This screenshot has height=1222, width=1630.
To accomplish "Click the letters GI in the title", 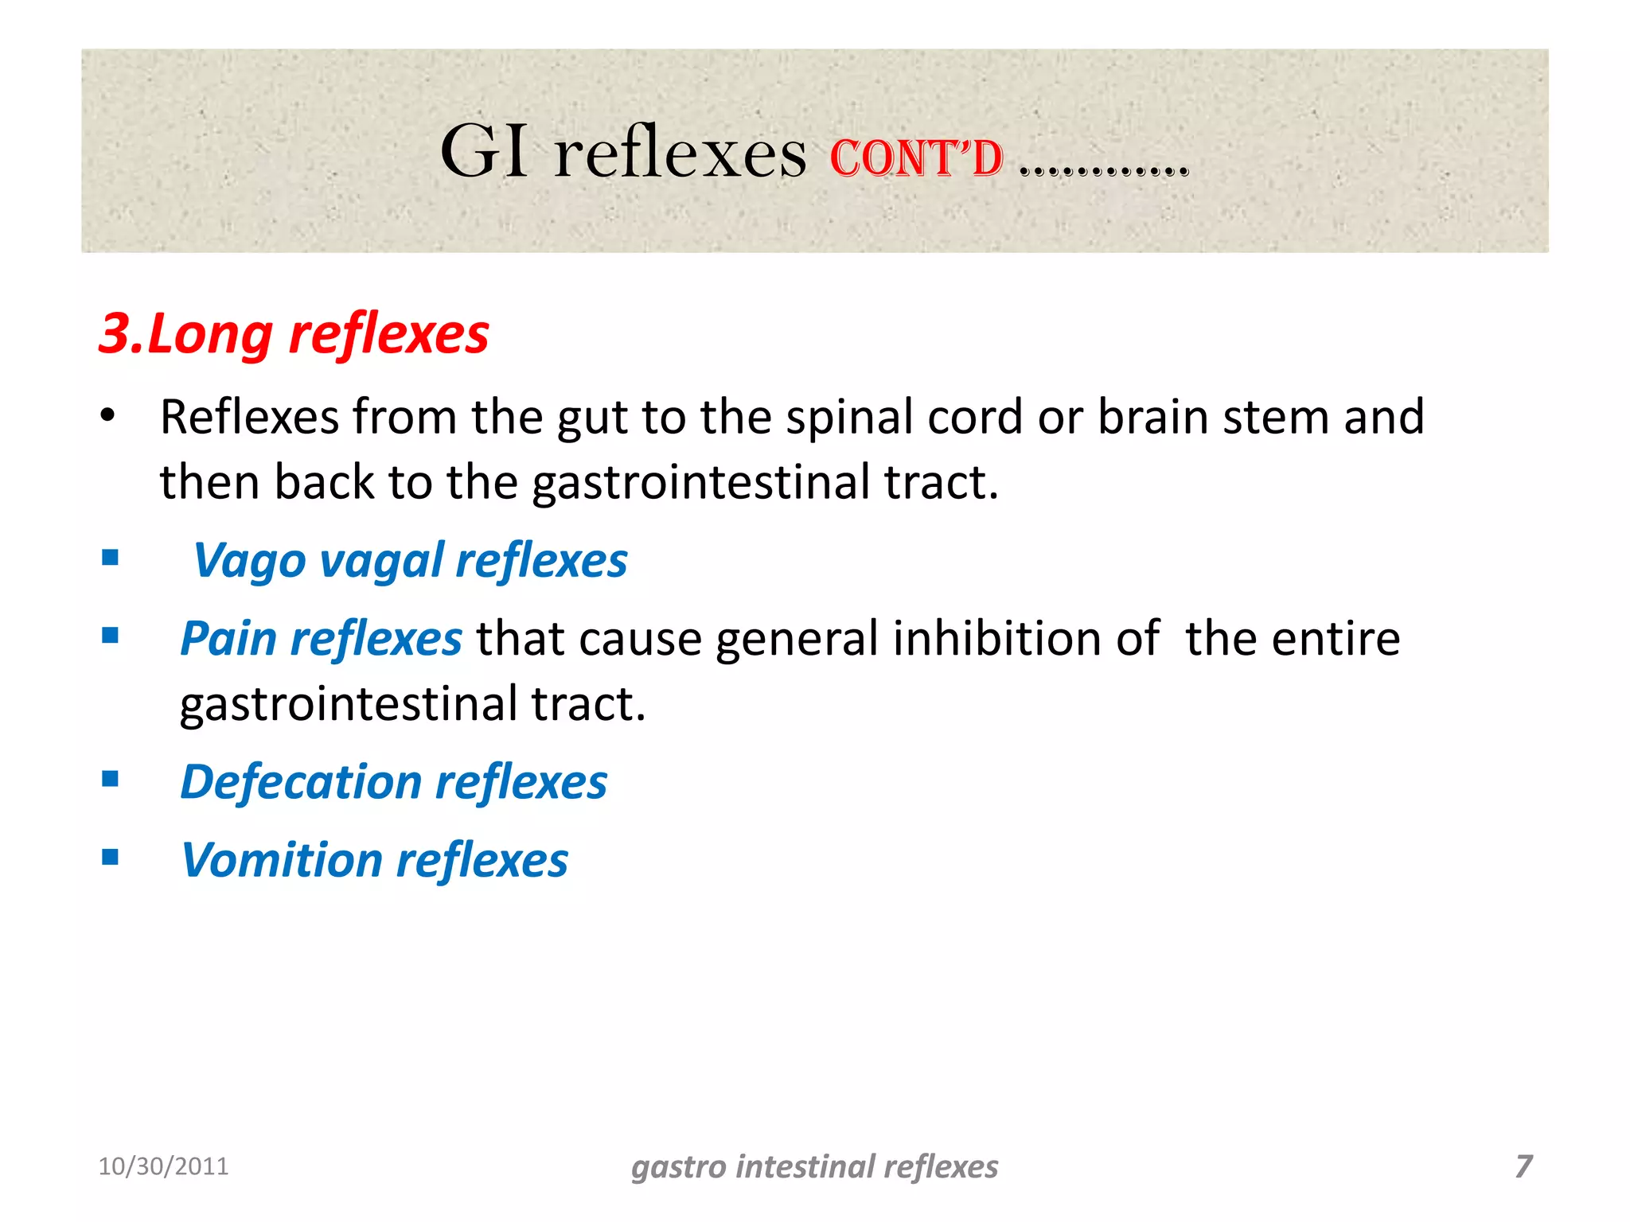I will (484, 152).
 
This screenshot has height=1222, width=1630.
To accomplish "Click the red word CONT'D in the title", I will (916, 158).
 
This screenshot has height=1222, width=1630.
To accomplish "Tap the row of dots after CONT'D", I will (1104, 169).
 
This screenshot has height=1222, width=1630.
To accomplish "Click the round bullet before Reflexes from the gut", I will (108, 415).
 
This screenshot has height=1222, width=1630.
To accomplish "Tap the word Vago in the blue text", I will (249, 562).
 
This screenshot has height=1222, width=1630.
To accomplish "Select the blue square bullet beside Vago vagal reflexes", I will (111, 558).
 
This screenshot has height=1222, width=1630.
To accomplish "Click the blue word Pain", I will (228, 639).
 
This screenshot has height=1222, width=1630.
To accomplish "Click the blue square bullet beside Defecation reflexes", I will (111, 779).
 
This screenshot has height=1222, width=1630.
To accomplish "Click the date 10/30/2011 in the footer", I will (163, 1166).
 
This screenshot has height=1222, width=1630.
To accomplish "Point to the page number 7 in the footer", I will (1523, 1166).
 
